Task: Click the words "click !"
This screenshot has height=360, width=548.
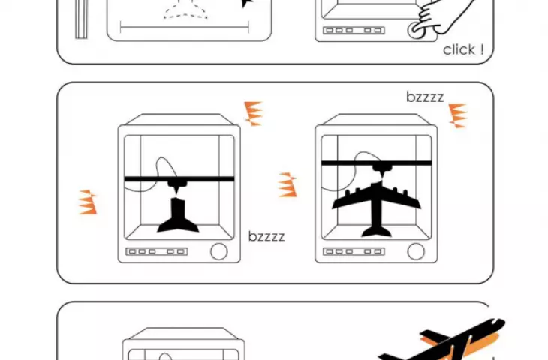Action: coord(463,50)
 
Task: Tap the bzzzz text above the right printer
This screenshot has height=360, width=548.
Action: coord(425,97)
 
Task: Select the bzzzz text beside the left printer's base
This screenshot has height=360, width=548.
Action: coord(266,236)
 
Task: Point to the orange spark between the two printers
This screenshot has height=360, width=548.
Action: coord(288,184)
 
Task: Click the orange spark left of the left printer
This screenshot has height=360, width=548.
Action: coord(87,202)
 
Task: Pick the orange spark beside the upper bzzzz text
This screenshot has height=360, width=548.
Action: coord(458,115)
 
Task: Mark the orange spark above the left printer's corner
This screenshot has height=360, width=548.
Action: coord(253,114)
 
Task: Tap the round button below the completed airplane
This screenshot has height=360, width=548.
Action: coord(416,251)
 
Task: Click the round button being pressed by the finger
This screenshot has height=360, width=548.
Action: coord(416,31)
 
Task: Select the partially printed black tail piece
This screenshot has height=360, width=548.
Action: coord(178,215)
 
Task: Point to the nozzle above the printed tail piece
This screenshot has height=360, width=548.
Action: coord(175,187)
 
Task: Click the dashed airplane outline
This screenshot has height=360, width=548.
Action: coord(185,10)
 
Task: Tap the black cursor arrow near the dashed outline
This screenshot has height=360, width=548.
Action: coord(247,3)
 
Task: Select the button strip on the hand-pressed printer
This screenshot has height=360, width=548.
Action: coord(354,31)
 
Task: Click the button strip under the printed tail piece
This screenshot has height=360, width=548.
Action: coord(157,251)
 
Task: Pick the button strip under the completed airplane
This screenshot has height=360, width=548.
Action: coord(354,251)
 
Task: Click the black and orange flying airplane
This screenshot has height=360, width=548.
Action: coord(444,340)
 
